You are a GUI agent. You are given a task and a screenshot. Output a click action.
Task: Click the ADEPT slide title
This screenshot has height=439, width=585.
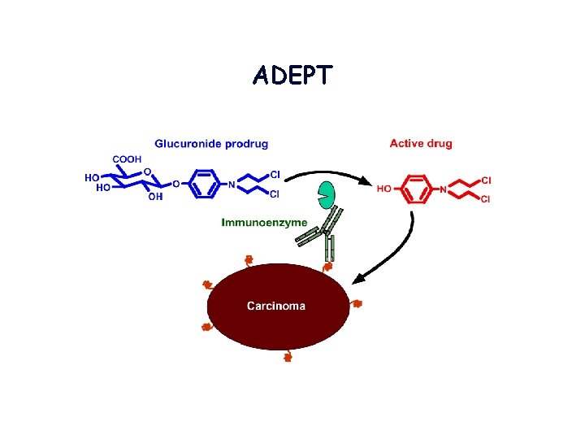pyautogui.click(x=292, y=76)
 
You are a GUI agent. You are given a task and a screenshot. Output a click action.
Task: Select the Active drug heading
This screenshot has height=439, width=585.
pyautogui.click(x=420, y=144)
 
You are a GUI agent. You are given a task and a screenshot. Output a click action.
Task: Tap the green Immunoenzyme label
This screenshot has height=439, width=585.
pyautogui.click(x=264, y=221)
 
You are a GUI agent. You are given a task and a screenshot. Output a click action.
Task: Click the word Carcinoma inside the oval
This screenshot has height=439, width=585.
pyautogui.click(x=276, y=306)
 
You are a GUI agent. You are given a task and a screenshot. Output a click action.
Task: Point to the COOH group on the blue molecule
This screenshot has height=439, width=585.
pyautogui.click(x=128, y=159)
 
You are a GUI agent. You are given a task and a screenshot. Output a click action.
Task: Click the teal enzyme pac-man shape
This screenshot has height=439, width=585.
pyautogui.click(x=327, y=195)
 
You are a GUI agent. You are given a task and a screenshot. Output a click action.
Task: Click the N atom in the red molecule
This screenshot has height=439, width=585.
pyautogui.click(x=444, y=189)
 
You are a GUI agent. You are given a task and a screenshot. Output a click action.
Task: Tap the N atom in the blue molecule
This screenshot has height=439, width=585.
pyautogui.click(x=232, y=185)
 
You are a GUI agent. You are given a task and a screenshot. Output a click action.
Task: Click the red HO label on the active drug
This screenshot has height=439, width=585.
pyautogui.click(x=383, y=189)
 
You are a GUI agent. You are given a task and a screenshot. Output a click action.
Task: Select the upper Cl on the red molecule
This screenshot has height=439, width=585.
pyautogui.click(x=486, y=179)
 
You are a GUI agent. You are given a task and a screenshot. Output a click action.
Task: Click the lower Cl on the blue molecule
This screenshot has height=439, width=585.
pyautogui.click(x=274, y=194)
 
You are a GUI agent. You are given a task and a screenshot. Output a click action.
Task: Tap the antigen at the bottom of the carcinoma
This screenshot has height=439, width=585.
pyautogui.click(x=287, y=356)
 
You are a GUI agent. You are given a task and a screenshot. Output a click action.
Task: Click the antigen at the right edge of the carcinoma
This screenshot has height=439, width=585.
pyautogui.click(x=357, y=304)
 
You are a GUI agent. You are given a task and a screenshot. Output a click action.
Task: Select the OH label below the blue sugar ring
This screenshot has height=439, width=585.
pyautogui.click(x=154, y=196)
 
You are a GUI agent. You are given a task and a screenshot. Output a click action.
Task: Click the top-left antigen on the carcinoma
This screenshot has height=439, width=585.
pyautogui.click(x=249, y=260)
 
